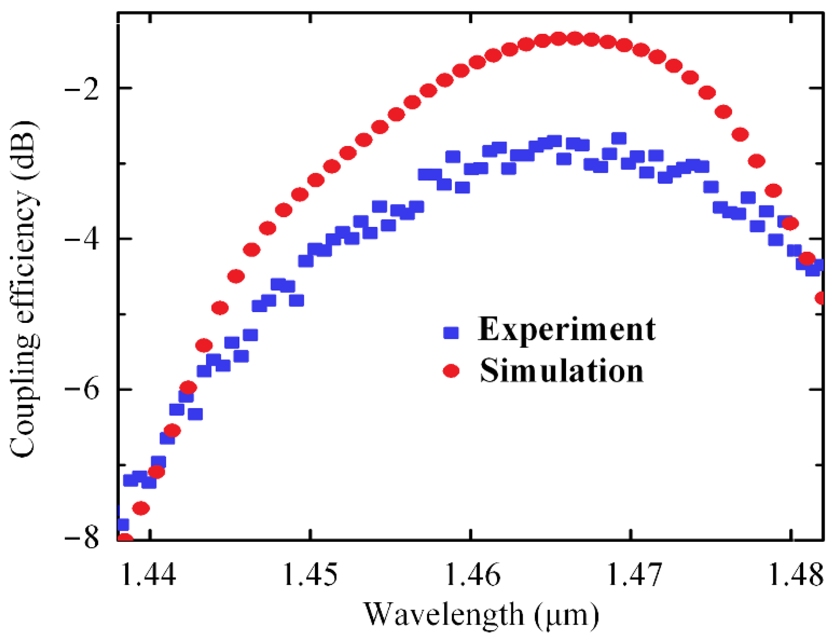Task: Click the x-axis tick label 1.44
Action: point(148,575)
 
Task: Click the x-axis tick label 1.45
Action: point(310,575)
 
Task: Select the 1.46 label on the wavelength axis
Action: point(472,575)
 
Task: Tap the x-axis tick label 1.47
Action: point(634,575)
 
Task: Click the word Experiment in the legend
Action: point(566,330)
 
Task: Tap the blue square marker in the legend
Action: point(451,332)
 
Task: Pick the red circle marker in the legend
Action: point(451,371)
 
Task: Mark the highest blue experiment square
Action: point(619,138)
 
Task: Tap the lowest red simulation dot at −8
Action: point(126,538)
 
